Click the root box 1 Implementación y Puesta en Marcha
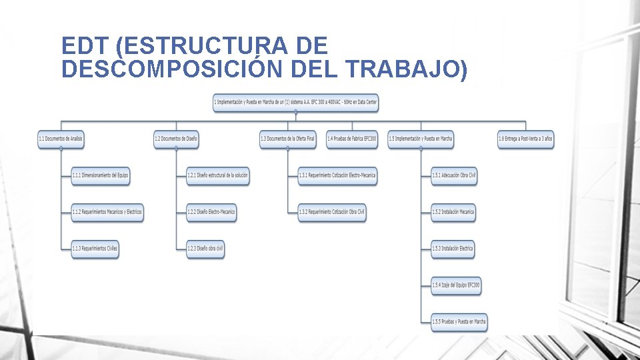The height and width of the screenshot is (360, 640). (295, 103)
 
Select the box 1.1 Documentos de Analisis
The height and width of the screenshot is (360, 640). (61, 139)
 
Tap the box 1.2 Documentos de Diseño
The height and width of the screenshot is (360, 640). (176, 139)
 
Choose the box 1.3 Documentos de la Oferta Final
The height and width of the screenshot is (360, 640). (288, 139)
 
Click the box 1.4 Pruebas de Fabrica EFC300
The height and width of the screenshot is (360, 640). (352, 139)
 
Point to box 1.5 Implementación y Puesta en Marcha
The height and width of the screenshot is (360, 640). (421, 139)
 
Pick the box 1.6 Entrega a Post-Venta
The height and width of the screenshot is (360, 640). (525, 139)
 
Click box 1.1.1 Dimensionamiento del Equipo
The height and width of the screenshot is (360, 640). (100, 176)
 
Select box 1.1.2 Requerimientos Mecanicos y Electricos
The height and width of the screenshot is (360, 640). (107, 213)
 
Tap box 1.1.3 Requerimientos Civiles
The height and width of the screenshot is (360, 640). (95, 249)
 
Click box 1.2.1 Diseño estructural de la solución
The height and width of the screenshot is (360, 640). (217, 176)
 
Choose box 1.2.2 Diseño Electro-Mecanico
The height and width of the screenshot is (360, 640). (211, 213)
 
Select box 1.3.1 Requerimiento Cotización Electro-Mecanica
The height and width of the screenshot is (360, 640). (337, 176)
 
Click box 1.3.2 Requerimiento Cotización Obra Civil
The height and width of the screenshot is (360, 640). (332, 213)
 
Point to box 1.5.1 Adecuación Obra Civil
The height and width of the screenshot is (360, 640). (454, 176)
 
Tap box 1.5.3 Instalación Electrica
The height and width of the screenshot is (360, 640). (452, 249)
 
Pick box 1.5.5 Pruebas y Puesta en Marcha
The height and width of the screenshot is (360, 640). (459, 322)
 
